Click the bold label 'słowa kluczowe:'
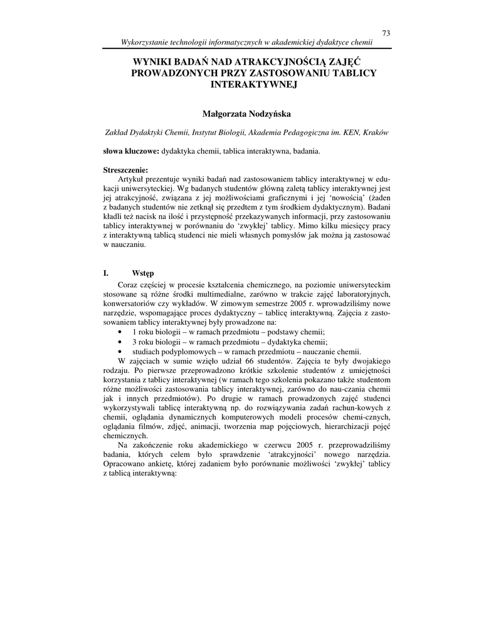click(x=131, y=152)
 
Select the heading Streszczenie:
click(x=125, y=170)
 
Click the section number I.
click(x=106, y=273)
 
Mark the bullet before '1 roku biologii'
click(x=120, y=332)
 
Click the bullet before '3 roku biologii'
click(x=120, y=342)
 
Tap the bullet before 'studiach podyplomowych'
click(x=120, y=352)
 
